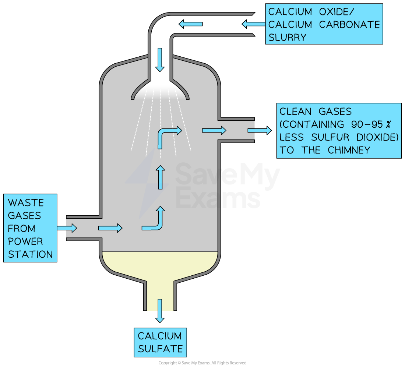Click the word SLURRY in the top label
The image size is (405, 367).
click(288, 37)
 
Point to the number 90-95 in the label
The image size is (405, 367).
click(358, 124)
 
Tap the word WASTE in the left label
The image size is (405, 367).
click(26, 203)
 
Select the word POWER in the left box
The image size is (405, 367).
click(25, 241)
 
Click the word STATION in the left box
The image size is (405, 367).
click(30, 254)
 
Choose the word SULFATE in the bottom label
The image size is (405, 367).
click(160, 349)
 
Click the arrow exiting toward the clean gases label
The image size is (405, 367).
click(260, 130)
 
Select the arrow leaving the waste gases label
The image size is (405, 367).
click(67, 228)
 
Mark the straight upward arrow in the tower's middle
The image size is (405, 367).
click(160, 177)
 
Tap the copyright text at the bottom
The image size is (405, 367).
click(202, 363)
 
